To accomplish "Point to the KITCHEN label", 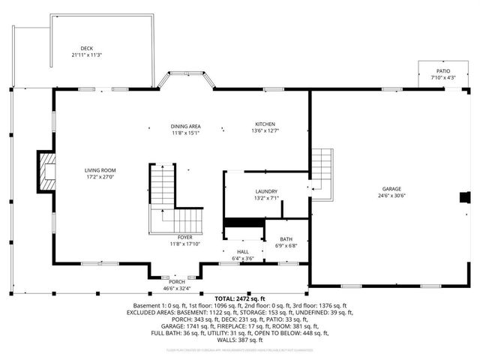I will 265,124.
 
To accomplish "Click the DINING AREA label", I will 184,126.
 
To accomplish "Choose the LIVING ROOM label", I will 100,170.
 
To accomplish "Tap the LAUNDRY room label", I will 266,191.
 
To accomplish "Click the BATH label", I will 287,239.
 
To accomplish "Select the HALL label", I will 243,252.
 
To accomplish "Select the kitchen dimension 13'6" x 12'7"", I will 265,131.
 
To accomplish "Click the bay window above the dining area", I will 184,79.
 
